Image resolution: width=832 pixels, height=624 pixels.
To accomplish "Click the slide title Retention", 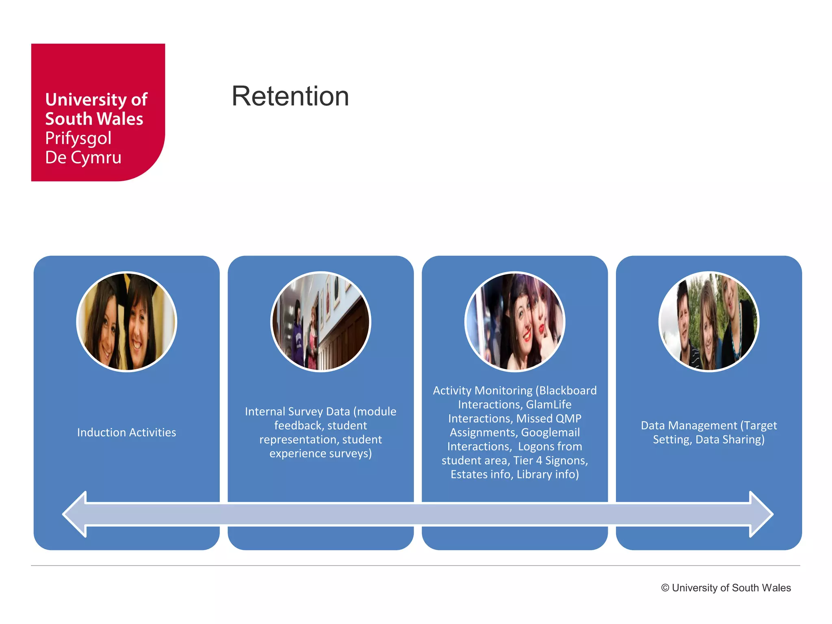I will pos(290,96).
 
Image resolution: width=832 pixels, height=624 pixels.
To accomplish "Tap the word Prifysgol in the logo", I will pos(78,138).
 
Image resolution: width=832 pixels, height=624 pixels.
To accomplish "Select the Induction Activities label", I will pos(126,432).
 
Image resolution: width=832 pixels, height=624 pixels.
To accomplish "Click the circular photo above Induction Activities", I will pos(126,321).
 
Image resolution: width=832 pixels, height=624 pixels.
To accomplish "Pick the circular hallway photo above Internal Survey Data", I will pos(321,321).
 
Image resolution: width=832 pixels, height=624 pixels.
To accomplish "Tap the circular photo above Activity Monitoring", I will pos(515,321).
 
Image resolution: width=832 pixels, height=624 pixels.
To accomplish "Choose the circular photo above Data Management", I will pos(708,321).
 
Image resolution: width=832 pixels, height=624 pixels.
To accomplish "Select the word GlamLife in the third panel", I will pos(548,405).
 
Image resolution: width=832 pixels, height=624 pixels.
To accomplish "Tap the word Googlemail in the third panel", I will pos(550,432).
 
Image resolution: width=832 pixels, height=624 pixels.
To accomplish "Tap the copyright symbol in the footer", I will pos(665,588).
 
